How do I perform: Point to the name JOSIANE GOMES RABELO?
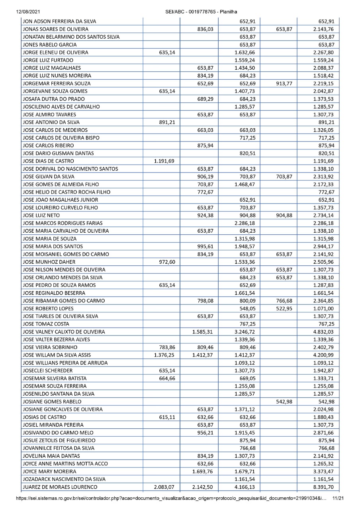point(52,401)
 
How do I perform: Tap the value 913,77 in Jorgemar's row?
point(284,83)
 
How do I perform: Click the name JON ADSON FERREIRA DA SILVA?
point(59,21)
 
